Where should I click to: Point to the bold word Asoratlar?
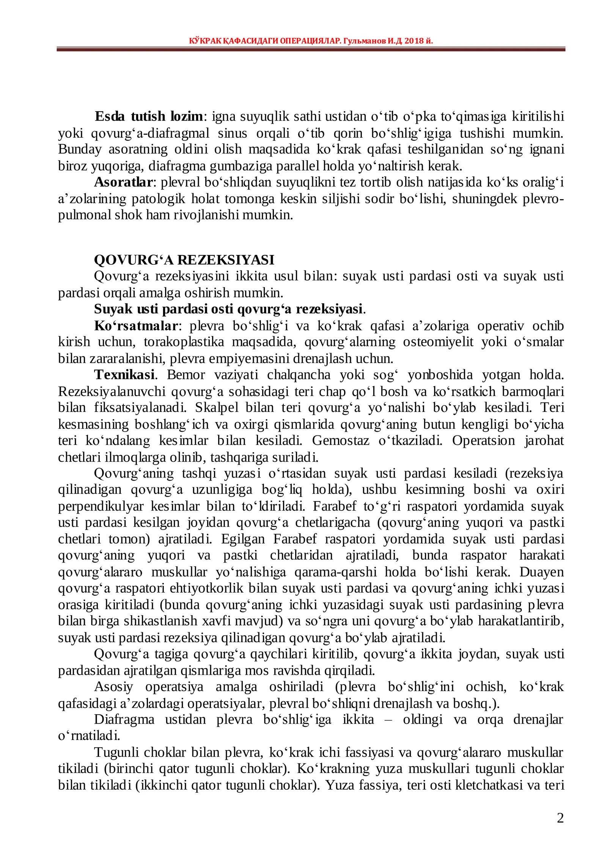123,182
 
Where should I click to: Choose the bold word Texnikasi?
124,375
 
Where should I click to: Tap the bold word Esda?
109,116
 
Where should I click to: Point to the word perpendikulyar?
101,506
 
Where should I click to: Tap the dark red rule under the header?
311,49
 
